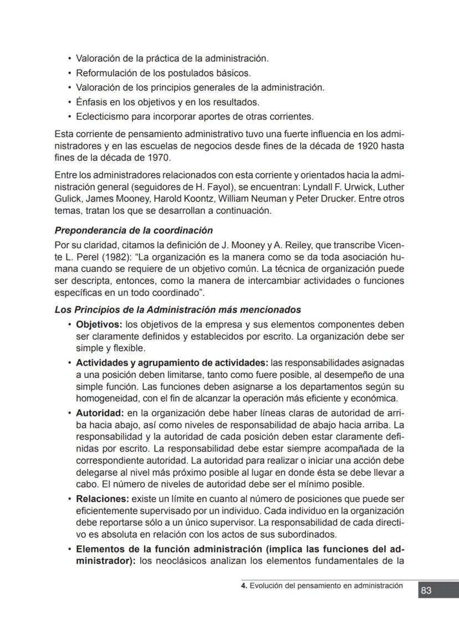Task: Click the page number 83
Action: coord(426,590)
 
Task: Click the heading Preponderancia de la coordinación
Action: coord(134,230)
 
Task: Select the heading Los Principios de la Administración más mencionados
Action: coord(178,310)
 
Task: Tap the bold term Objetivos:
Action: coord(99,325)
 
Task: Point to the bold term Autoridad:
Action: coord(99,413)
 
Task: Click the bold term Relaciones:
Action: coord(102,499)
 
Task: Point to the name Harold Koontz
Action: coord(179,199)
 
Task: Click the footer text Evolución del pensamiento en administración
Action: coord(327,585)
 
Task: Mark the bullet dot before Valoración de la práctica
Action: coord(69,58)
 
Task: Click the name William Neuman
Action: coord(253,199)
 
